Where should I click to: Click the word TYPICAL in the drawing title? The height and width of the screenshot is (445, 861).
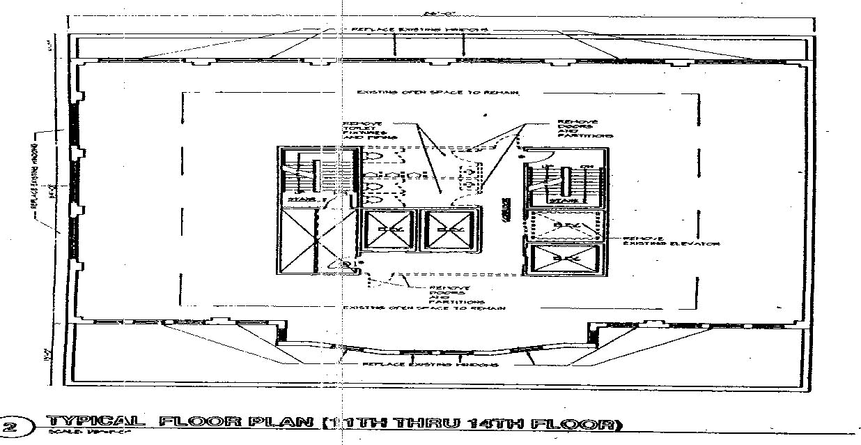click(95, 422)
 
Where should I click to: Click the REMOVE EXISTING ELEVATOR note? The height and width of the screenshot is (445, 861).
click(660, 240)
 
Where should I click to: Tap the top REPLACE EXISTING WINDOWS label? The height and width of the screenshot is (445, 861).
click(419, 29)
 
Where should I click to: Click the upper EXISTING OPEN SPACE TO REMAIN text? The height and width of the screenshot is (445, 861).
click(437, 92)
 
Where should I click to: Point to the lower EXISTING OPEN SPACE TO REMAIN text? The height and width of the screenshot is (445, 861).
click(425, 308)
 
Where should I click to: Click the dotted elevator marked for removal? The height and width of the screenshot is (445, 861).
click(564, 225)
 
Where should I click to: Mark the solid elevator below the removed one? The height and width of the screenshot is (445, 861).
click(564, 258)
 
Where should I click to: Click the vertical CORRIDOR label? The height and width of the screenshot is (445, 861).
click(504, 209)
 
